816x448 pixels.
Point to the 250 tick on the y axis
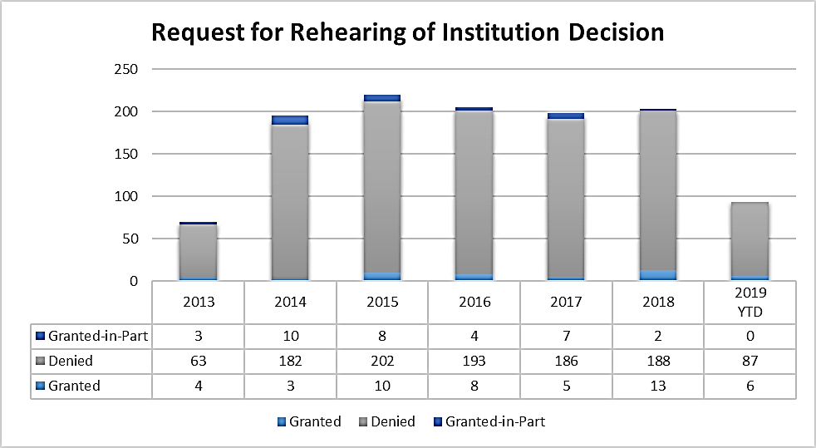pos(126,69)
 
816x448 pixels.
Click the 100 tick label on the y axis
pos(126,197)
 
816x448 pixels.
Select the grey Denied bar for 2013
pos(198,251)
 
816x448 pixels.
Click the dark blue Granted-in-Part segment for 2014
pos(290,121)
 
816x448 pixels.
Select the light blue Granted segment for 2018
pos(658,275)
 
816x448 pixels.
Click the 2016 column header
pos(474,302)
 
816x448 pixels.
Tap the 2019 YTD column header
pos(750,302)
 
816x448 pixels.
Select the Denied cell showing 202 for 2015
pos(382,361)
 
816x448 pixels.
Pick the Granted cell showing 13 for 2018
pos(658,386)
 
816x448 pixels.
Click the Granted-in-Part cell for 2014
pos(290,337)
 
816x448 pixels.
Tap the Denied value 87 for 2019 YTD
pos(750,361)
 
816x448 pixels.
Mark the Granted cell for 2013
pos(198,386)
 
